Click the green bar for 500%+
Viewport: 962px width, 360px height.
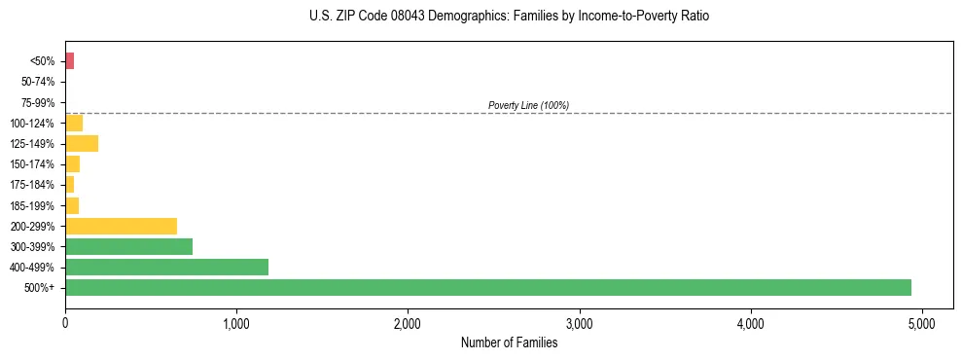(487, 287)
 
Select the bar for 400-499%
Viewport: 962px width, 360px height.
(166, 267)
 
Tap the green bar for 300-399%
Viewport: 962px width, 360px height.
(128, 246)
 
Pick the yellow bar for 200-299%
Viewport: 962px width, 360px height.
(121, 226)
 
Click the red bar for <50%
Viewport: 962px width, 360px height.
(69, 61)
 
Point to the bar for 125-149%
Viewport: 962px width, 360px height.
(82, 144)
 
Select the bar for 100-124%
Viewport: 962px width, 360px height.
(74, 123)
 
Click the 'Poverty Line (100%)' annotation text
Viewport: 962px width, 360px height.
(528, 105)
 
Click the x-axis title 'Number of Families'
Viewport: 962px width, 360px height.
(509, 342)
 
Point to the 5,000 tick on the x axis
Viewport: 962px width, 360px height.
(922, 323)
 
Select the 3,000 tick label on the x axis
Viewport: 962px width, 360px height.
(579, 323)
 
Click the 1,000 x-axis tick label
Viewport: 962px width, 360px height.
(236, 323)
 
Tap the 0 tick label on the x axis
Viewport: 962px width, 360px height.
(65, 323)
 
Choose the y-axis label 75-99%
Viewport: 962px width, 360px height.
(38, 102)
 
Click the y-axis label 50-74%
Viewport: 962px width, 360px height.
(38, 82)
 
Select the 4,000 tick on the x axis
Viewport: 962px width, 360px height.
(750, 323)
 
